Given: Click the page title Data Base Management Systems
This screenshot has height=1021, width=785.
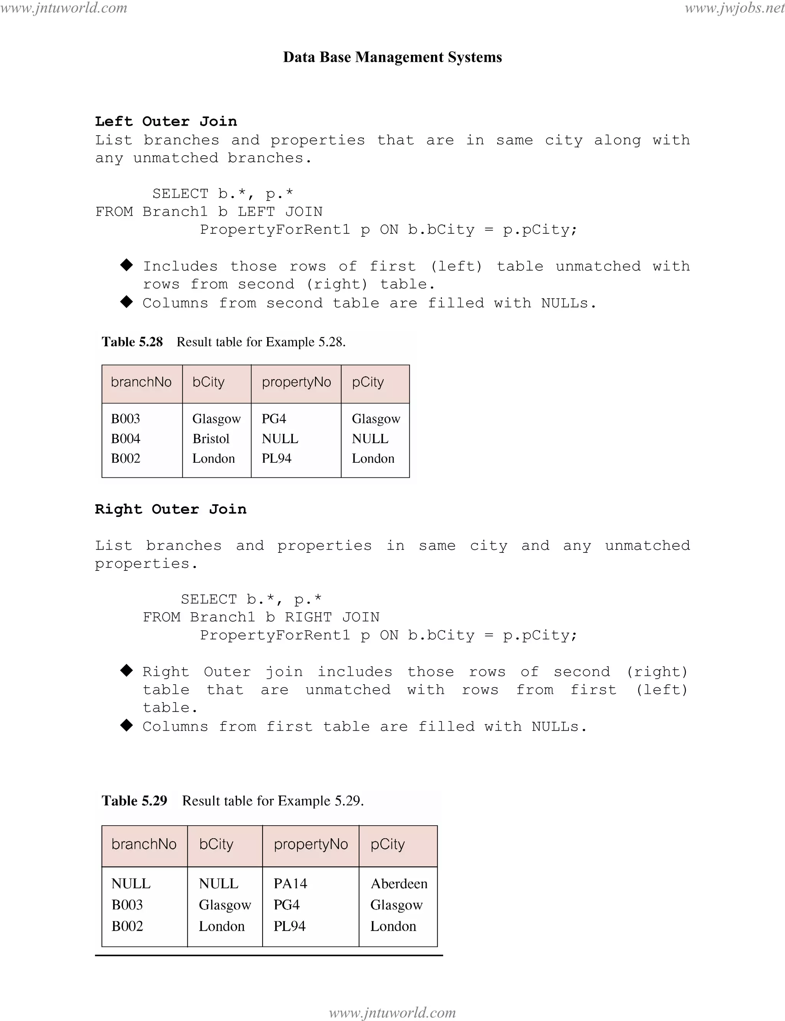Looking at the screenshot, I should click(x=392, y=57).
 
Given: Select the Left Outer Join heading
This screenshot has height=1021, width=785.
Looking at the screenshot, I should click(x=166, y=121).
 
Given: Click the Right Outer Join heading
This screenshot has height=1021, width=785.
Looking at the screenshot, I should click(x=171, y=509).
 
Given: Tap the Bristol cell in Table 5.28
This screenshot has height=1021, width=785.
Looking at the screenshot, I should click(x=211, y=439).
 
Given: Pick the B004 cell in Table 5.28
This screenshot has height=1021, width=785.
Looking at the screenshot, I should click(x=126, y=439).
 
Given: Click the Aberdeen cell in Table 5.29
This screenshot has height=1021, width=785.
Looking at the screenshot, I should click(x=399, y=884).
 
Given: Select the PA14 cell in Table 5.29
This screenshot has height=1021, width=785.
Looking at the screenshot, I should click(x=290, y=884).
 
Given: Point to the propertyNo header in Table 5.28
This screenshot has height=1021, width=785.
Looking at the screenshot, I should click(x=296, y=382).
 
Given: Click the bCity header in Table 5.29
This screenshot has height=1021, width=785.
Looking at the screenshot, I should click(x=216, y=844).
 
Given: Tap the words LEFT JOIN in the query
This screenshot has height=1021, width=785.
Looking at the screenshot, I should click(x=280, y=212).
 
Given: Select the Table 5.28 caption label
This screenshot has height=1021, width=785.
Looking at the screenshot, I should click(x=132, y=342).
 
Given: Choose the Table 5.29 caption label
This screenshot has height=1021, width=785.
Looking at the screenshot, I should click(x=135, y=801).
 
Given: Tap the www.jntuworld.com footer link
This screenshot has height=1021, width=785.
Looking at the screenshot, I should click(x=392, y=1012).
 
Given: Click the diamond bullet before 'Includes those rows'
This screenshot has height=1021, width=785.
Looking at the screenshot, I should click(x=126, y=265).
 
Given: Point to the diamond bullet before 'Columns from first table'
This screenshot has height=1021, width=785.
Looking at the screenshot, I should click(x=126, y=725).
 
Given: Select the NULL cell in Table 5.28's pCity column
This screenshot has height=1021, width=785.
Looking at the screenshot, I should click(x=370, y=439).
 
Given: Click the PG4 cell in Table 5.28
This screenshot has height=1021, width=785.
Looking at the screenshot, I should click(x=274, y=418).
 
